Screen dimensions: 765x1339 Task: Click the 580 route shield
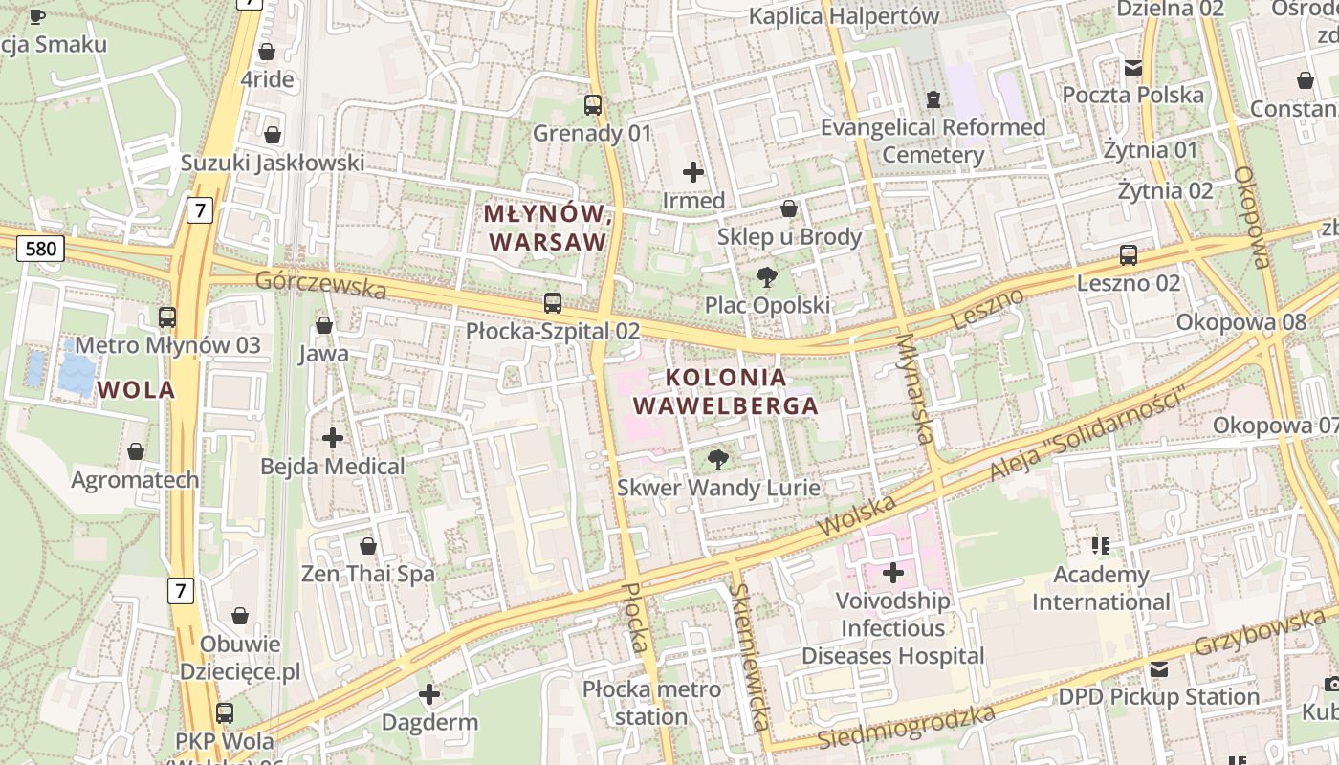tap(39, 250)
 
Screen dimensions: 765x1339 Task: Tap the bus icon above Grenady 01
tap(593, 105)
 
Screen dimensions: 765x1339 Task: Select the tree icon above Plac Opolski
tap(766, 277)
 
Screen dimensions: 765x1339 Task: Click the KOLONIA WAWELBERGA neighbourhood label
tap(726, 391)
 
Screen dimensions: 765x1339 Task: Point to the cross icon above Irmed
tap(693, 172)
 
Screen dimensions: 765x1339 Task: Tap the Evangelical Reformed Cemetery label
tap(933, 141)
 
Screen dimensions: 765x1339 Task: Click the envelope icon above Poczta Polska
tap(1133, 67)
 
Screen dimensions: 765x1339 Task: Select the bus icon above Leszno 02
tap(1129, 255)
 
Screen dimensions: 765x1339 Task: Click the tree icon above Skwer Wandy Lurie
tap(717, 460)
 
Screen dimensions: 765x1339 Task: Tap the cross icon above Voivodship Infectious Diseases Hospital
tap(893, 573)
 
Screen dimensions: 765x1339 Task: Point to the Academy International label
tap(1101, 588)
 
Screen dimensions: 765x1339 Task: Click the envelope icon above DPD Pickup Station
tap(1159, 669)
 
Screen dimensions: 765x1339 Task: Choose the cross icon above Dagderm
tap(429, 694)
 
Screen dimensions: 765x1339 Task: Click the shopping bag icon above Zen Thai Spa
tap(368, 546)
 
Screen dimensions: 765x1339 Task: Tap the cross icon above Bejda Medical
tap(333, 439)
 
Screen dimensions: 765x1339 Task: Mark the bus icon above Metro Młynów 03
tap(167, 317)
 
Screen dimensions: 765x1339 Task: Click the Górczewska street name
tap(320, 285)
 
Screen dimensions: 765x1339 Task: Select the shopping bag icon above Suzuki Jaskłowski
tap(273, 135)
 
